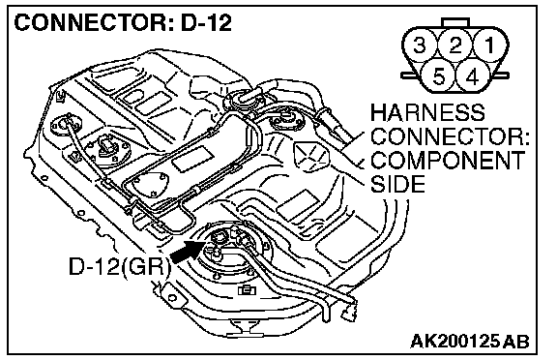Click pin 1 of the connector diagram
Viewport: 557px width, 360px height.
click(490, 45)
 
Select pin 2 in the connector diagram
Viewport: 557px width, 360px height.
click(455, 45)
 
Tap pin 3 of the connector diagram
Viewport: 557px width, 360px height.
click(420, 45)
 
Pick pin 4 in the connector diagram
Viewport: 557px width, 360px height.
click(473, 76)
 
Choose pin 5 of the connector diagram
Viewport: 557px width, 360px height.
click(438, 76)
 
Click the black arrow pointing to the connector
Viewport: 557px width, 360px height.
click(188, 251)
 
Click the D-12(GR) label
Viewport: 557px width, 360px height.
click(119, 266)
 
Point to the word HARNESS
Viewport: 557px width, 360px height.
click(427, 112)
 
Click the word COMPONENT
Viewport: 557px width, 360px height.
click(448, 161)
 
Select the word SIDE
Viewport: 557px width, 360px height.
click(397, 184)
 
